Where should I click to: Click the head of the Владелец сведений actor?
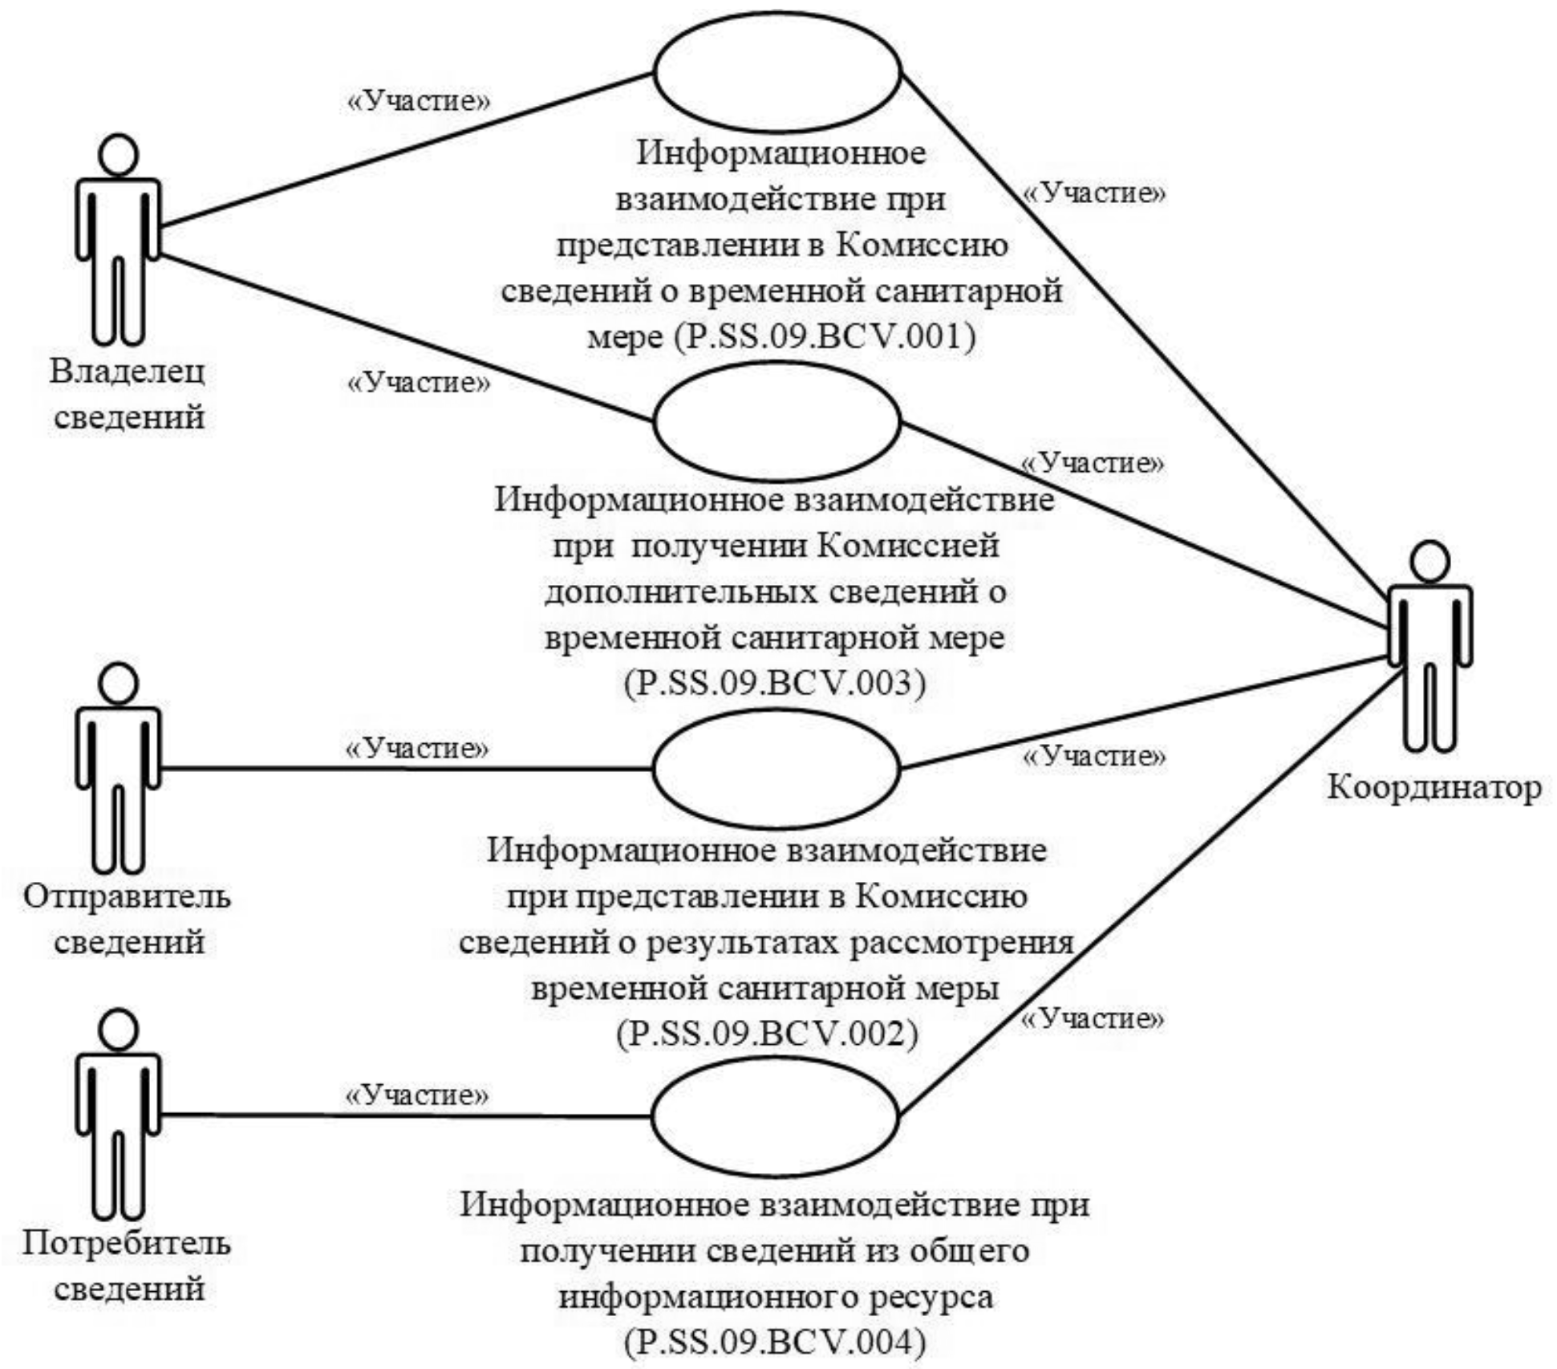pos(118,156)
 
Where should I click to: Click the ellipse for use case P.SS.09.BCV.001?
pos(777,72)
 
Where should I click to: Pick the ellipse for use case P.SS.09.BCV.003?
pos(777,422)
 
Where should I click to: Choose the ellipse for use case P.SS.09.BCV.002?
pos(777,768)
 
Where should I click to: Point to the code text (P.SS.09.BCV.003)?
pos(775,683)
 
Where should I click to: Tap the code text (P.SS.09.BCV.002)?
pos(767,1032)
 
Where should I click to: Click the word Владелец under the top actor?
pos(128,372)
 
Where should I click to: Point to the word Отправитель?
pos(127,896)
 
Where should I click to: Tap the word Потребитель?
pos(127,1243)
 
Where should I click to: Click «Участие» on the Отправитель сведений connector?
pos(416,748)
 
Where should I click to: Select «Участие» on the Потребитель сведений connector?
pos(416,1095)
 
